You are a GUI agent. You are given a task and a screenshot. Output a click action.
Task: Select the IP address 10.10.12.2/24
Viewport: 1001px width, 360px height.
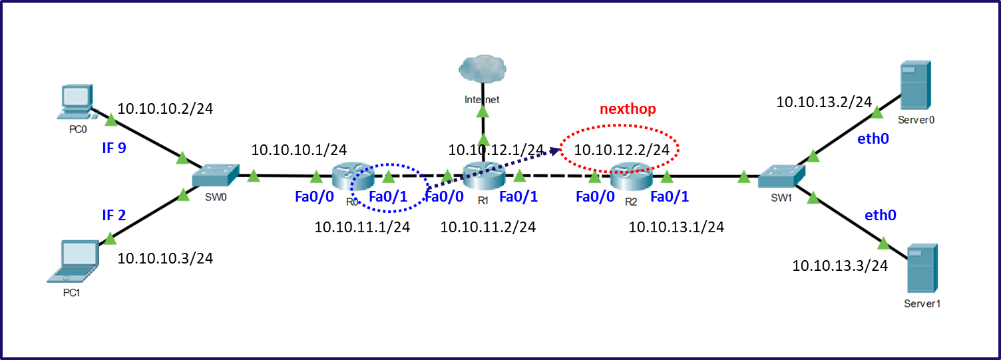pos(621,150)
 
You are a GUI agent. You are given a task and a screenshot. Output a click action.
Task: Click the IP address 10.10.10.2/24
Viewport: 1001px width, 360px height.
pos(165,108)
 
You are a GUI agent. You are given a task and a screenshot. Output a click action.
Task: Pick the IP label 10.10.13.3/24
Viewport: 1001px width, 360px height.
pos(840,266)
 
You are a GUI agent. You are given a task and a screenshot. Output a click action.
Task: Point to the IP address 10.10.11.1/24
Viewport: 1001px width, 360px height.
pos(362,228)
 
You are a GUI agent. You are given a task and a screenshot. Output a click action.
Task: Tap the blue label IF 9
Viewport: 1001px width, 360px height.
pos(114,148)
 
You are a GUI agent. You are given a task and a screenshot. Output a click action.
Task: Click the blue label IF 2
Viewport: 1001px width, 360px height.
pos(114,214)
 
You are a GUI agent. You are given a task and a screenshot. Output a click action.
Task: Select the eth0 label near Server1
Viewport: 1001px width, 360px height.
pos(880,215)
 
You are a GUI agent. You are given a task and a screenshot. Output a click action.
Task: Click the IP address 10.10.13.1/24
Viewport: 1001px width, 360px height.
pos(676,228)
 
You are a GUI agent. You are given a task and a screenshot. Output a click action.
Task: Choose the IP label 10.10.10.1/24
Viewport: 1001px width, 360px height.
pos(299,150)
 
